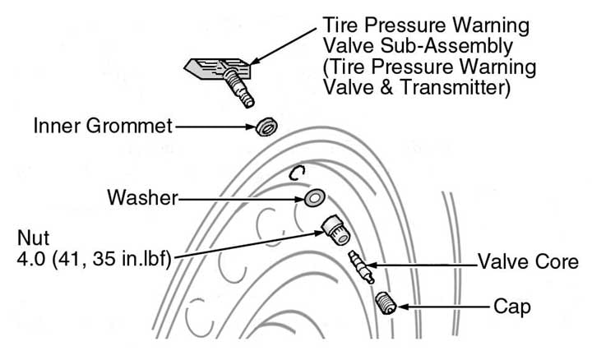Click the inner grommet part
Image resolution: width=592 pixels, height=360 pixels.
(266, 127)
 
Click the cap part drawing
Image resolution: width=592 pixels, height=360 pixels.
(386, 303)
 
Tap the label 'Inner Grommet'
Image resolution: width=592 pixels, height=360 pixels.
(103, 127)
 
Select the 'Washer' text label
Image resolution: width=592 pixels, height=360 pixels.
(141, 198)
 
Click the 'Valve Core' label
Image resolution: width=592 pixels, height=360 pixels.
(529, 263)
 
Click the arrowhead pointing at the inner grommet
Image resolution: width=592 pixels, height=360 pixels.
(249, 127)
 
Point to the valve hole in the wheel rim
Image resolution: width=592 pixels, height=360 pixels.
(297, 173)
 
